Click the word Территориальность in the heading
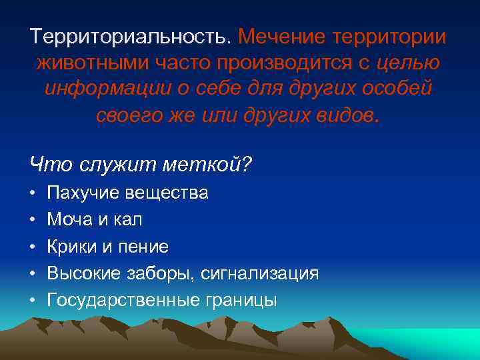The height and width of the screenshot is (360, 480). click(x=131, y=38)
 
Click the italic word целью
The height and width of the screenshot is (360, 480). click(x=408, y=65)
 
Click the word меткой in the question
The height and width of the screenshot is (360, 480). click(x=210, y=162)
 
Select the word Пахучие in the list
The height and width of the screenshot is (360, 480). click(x=83, y=193)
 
